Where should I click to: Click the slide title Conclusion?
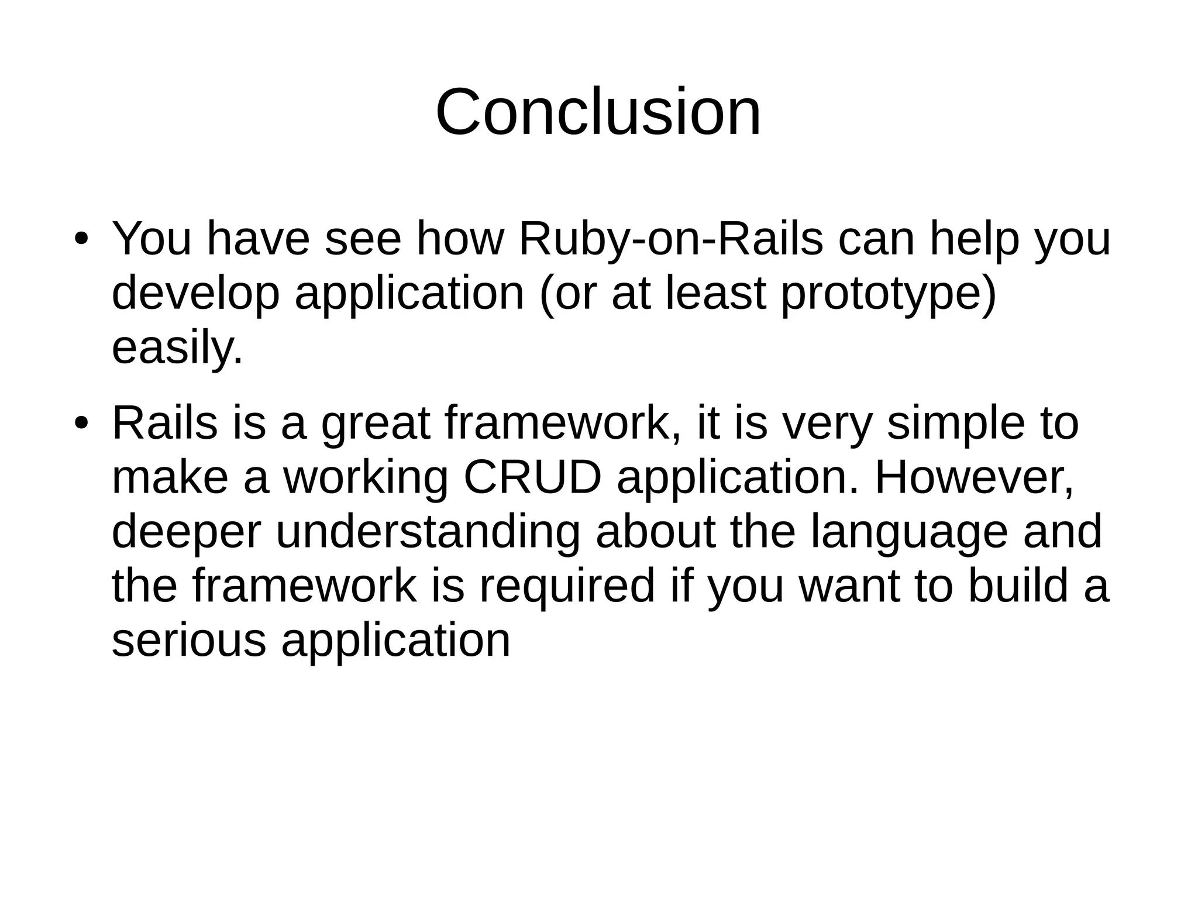598,112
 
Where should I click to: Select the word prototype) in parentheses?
888,294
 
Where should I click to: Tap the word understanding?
428,532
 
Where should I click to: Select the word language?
909,532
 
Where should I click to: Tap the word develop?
195,294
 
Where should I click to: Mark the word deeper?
185,532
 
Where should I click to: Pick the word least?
716,294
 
